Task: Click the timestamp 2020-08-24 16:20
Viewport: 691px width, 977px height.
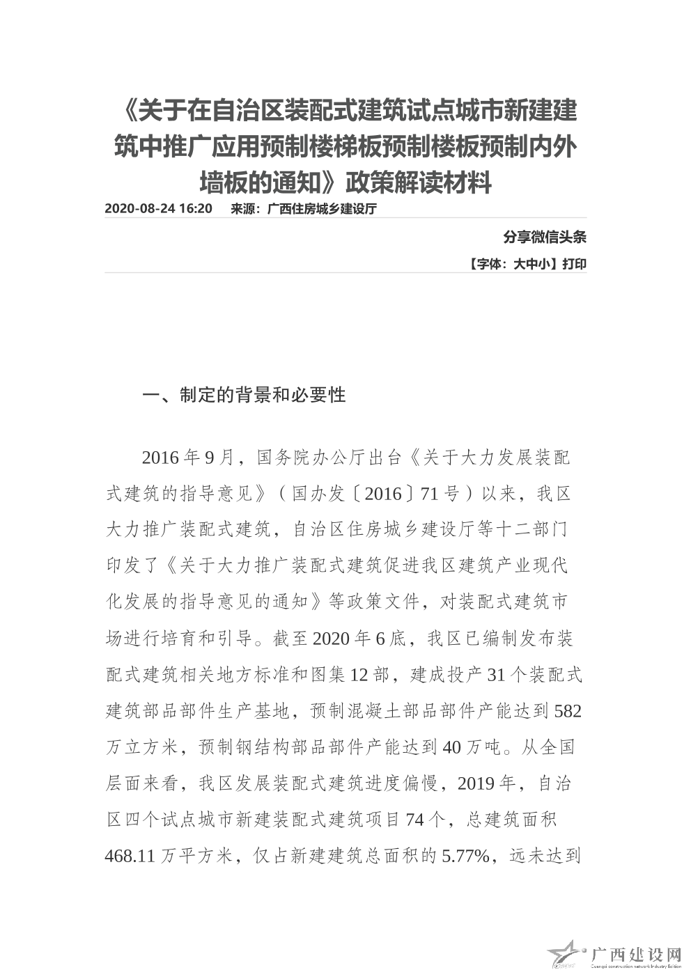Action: coord(158,209)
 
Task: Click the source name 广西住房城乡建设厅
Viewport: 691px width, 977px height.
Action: coord(322,209)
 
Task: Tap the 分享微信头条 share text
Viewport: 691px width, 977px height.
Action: coord(545,237)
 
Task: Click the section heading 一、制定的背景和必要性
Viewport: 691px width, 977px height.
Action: coord(244,396)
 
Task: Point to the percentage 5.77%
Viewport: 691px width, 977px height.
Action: coord(466,856)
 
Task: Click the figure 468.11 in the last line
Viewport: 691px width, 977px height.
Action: coord(130,856)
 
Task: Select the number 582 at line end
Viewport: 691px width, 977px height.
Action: coord(568,711)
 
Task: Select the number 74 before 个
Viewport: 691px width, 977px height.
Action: coord(415,820)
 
